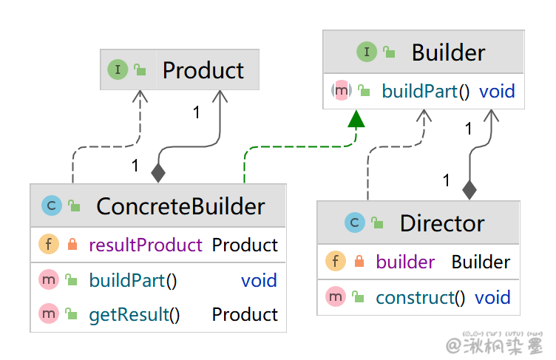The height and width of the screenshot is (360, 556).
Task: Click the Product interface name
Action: point(203,70)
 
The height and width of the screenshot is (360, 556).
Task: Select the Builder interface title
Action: point(448,52)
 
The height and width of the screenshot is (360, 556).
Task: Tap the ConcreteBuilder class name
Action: point(180,206)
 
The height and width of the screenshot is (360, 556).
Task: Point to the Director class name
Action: point(442,223)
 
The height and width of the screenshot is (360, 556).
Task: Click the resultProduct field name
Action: point(146,245)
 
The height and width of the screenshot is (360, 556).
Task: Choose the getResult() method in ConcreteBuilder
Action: point(135,315)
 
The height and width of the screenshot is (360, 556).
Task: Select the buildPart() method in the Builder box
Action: point(426,92)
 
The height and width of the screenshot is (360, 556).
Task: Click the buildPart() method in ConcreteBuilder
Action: point(133,281)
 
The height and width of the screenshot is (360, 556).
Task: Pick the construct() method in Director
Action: point(421,298)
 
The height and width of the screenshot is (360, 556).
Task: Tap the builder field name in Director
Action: point(405,262)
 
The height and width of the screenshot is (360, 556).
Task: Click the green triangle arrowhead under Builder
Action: point(356,118)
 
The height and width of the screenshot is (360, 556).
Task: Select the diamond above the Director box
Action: point(469,190)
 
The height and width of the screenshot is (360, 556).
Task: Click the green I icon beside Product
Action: point(117,70)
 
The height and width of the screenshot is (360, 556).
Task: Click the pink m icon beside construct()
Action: point(336,298)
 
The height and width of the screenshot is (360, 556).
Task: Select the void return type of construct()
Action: point(492,298)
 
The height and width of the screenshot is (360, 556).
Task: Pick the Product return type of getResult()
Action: point(245,315)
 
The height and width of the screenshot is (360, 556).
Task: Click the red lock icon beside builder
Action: point(359,262)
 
